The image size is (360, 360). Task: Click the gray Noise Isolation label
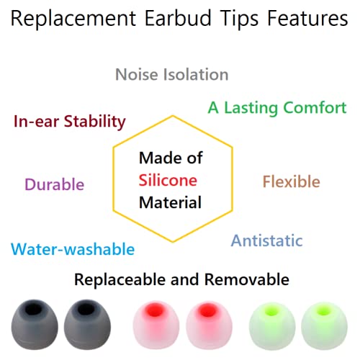pos(172,74)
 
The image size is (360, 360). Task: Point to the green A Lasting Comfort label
pos(277,107)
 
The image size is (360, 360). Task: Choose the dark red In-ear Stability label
pos(70,120)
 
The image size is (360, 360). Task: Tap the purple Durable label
pos(54,184)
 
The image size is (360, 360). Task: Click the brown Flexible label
pos(291,181)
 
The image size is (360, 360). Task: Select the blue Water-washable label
pos(73,249)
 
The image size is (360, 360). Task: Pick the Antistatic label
pos(266,240)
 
